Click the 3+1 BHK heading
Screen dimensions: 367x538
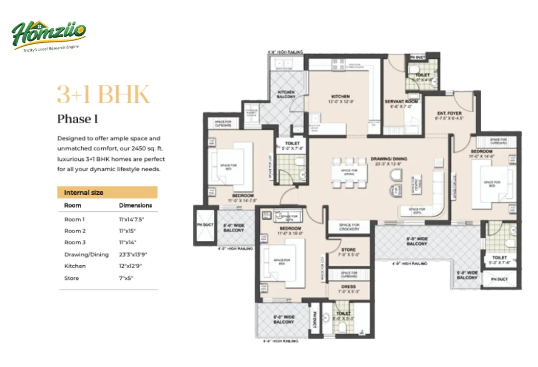pos(103,94)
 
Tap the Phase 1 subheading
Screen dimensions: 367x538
pos(74,119)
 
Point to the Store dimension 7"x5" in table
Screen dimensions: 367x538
pos(126,278)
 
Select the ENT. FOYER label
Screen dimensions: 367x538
pos(448,115)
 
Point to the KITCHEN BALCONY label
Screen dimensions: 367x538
pos(286,94)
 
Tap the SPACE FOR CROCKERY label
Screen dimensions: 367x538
pos(349,228)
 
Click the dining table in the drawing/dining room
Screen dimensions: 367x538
pos(349,172)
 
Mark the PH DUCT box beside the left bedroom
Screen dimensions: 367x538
pos(205,226)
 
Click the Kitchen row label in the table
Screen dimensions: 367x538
pos(75,266)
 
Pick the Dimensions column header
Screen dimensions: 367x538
pos(135,206)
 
